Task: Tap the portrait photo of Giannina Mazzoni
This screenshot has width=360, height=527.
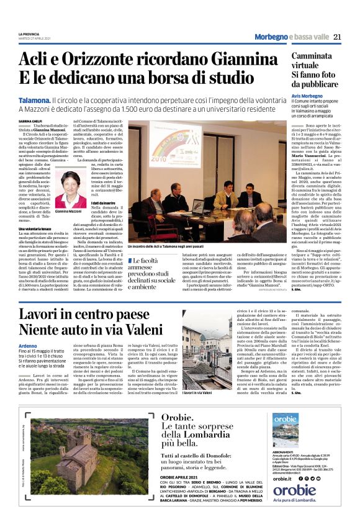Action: tap(70, 189)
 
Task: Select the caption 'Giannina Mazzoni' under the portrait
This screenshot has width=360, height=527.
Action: tap(70, 212)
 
